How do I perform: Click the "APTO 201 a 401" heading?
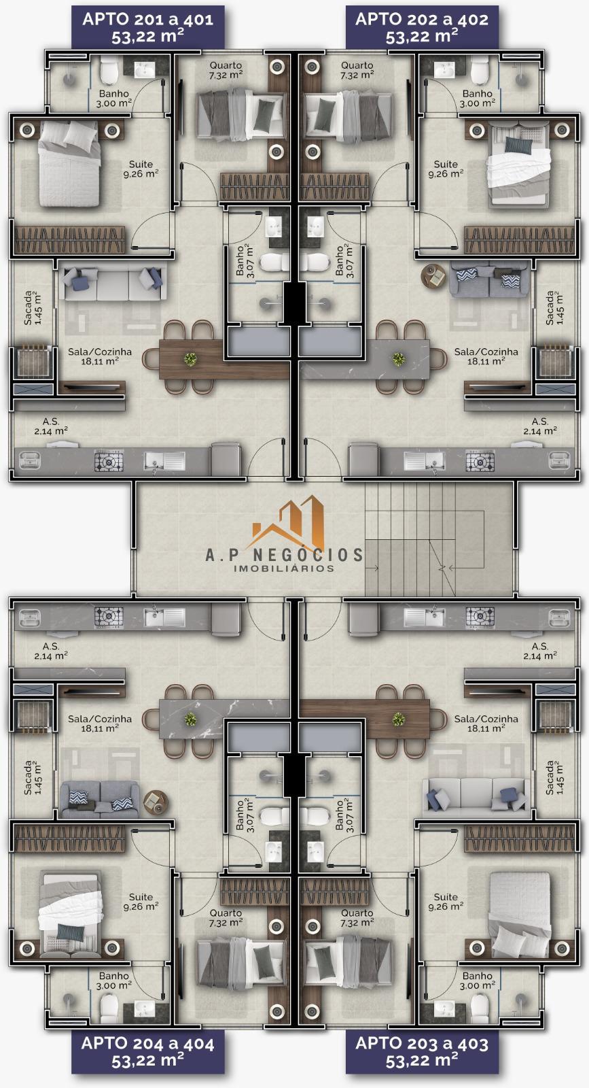click(147, 20)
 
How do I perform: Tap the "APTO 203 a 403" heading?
click(422, 1043)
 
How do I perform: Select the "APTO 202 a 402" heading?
click(422, 20)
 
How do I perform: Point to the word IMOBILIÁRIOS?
click(284, 568)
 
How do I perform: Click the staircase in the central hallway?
click(425, 539)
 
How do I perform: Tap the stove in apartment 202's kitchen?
click(480, 461)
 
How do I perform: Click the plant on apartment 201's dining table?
click(190, 359)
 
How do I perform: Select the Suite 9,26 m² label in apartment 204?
click(141, 902)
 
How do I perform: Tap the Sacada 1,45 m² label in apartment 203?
click(554, 778)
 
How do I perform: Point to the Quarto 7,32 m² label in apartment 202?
click(357, 70)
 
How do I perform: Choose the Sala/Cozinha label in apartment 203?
click(486, 719)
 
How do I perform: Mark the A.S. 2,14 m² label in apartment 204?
click(51, 651)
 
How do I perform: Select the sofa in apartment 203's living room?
click(476, 796)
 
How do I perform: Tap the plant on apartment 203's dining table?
click(399, 719)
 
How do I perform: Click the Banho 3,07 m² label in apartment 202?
click(344, 261)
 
